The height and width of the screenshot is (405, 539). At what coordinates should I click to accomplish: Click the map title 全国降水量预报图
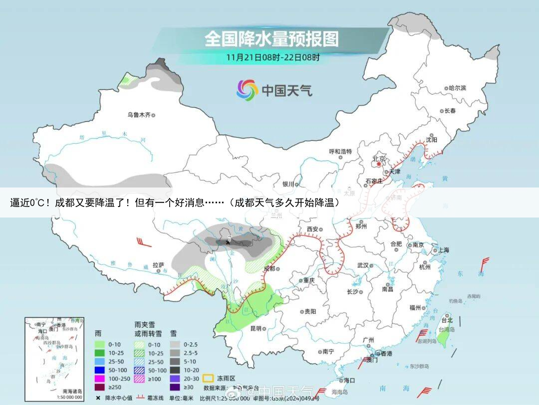[271, 38]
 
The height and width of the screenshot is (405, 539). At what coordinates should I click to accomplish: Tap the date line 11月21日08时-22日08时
[273, 57]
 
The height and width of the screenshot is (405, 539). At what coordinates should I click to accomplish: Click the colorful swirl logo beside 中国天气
[247, 90]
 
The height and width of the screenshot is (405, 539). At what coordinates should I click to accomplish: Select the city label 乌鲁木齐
[139, 115]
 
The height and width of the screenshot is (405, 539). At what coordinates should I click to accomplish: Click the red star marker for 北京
[379, 163]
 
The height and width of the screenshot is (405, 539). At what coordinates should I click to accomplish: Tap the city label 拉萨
[158, 265]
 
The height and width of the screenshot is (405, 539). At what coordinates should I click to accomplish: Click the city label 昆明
[256, 328]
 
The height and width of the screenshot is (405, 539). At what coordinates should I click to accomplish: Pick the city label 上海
[443, 250]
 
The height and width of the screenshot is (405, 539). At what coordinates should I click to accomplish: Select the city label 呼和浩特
[340, 151]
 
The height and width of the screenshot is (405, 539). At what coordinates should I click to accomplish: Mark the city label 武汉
[363, 265]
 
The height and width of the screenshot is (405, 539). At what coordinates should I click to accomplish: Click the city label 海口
[349, 380]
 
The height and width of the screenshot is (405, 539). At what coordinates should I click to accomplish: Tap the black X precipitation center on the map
[229, 241]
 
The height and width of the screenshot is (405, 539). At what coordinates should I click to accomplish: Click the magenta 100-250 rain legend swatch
[99, 378]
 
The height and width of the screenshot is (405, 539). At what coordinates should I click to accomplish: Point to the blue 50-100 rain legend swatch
[99, 369]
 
